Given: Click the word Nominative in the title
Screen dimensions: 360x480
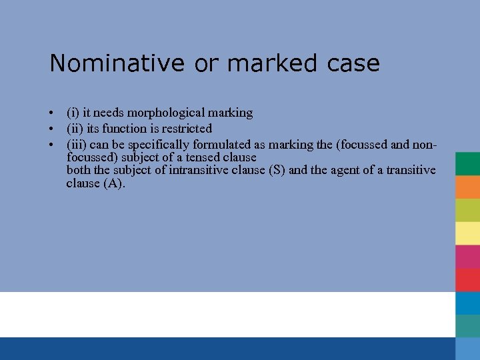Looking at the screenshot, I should pos(117,63).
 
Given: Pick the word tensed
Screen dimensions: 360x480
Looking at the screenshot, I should pos(199,157).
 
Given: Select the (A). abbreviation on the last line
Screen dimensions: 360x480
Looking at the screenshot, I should pos(115,183).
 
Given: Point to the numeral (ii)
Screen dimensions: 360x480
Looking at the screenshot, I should pos(74,128).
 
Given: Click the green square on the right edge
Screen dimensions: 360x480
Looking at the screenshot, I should pos(468,163).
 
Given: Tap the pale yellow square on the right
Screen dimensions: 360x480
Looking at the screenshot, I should pos(468,233).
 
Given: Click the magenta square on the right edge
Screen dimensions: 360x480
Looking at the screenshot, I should pos(468,256).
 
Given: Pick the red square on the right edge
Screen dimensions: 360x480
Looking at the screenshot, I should pos(468,279).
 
